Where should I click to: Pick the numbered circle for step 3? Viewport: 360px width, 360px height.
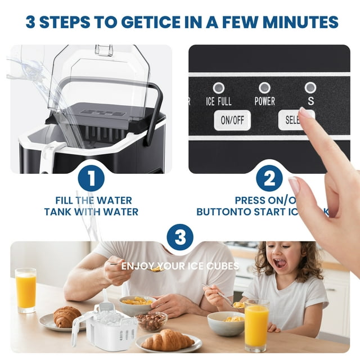(180, 237)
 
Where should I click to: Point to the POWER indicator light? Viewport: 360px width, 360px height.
(264, 88)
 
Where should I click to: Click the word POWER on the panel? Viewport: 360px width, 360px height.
(264, 102)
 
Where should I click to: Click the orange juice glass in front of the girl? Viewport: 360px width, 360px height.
(256, 325)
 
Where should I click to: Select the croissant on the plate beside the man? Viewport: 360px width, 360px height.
(67, 317)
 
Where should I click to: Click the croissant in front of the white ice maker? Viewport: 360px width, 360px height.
(167, 340)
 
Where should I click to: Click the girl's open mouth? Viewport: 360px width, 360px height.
(280, 263)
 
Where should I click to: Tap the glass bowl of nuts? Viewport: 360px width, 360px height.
(151, 321)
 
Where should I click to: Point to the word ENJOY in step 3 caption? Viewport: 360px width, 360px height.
(135, 265)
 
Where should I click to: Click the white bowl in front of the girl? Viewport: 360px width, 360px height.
(225, 323)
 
